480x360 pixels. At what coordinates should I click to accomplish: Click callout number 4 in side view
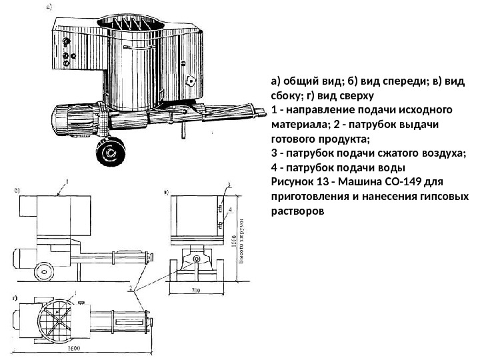coord(230,209)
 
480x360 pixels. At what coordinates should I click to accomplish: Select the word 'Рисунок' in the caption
coord(295,181)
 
